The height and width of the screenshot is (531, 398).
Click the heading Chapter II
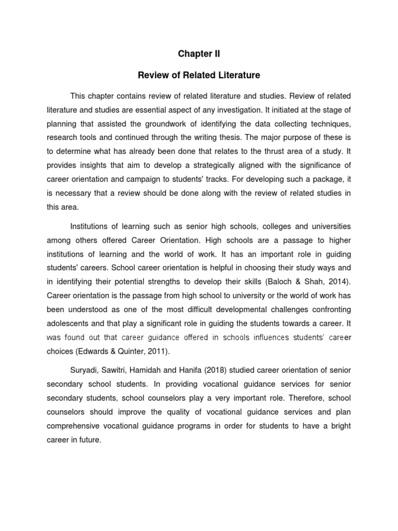pos(199,53)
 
